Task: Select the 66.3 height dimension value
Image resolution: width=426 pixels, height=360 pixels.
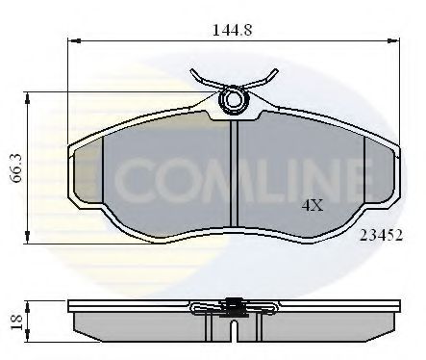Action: click(x=14, y=165)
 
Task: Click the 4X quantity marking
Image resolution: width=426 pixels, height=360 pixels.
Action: click(x=313, y=205)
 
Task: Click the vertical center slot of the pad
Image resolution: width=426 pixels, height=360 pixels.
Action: click(x=233, y=173)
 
